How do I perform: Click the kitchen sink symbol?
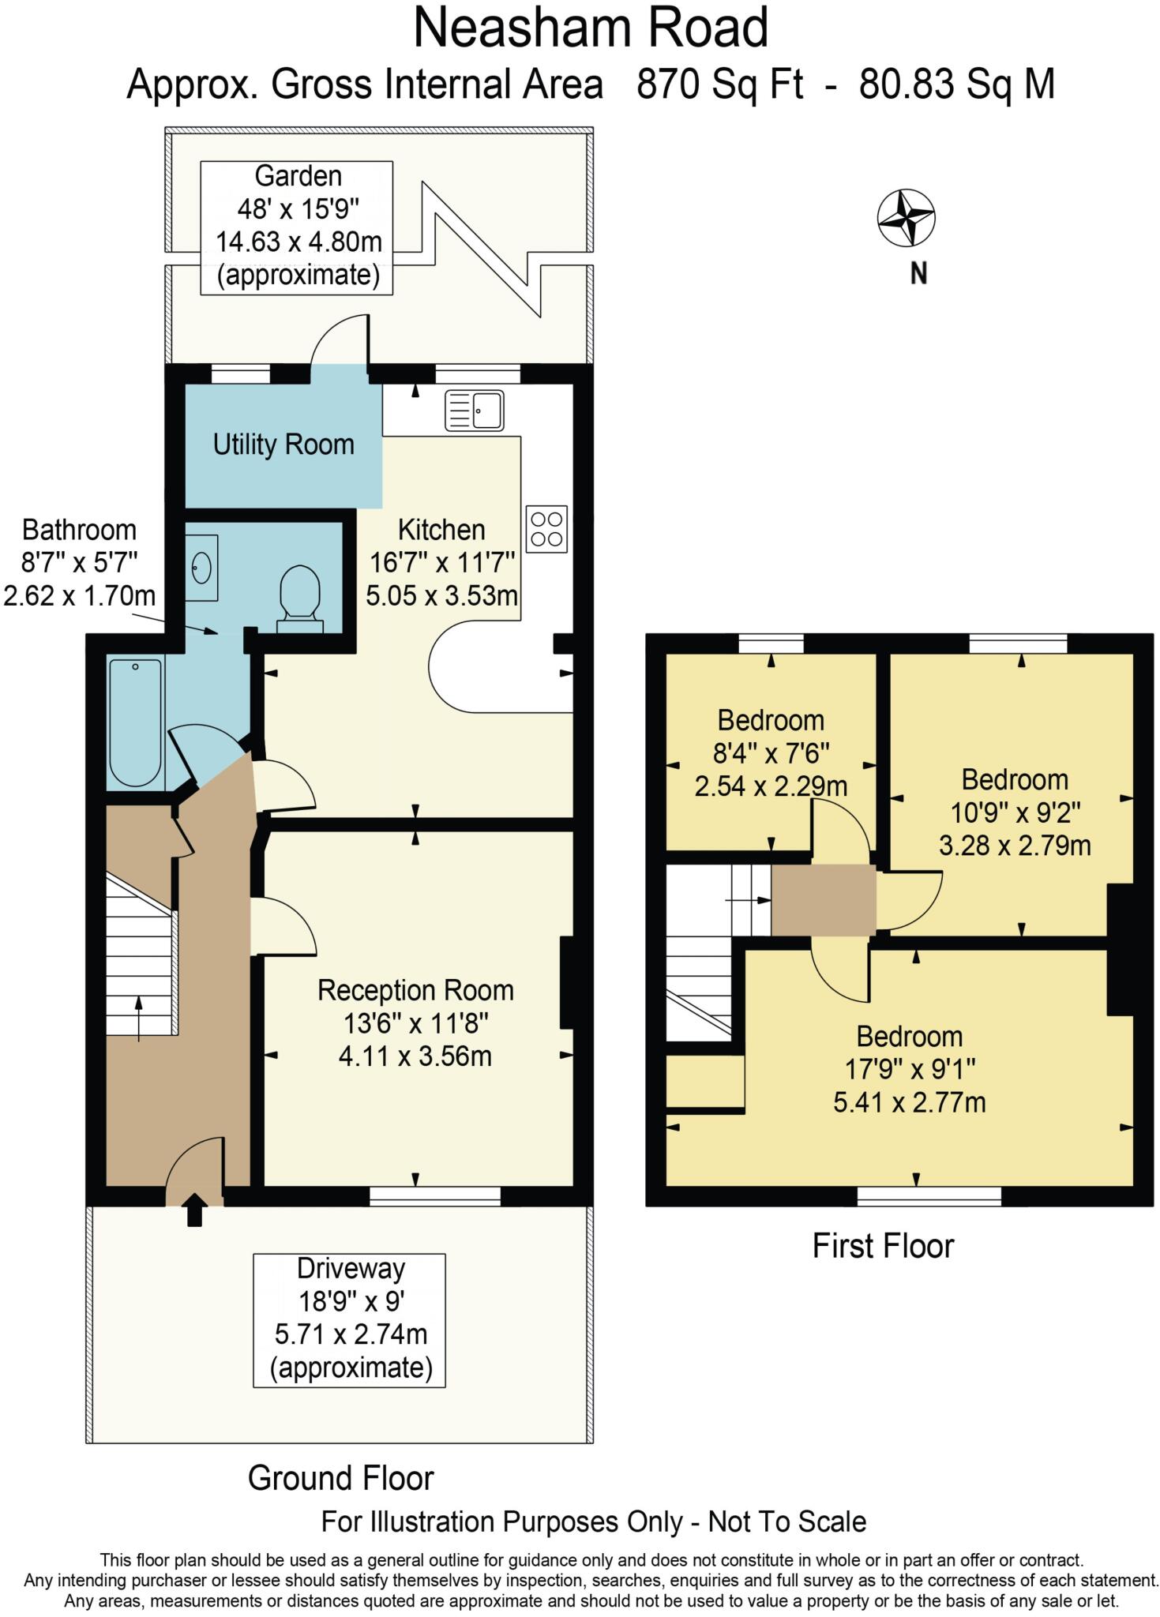point(474,411)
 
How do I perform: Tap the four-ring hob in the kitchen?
point(546,529)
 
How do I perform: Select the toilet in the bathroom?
point(300,598)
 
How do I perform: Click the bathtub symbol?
point(136,722)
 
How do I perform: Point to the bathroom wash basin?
point(202,566)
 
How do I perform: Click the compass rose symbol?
point(906,217)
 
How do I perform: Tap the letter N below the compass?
point(918,274)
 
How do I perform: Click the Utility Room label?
point(283,445)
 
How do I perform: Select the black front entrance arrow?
point(194,1209)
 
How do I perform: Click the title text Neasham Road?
point(591,28)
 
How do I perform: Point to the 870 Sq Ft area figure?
point(719,84)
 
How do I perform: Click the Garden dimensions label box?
point(297,227)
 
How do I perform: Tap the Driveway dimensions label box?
point(349,1319)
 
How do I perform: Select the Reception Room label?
point(415,990)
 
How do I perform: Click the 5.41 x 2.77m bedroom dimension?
point(910,1102)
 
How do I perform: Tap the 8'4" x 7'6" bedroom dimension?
point(771,753)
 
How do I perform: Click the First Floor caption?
point(883,1246)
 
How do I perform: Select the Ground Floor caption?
point(340,1478)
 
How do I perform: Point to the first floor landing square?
point(823,900)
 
